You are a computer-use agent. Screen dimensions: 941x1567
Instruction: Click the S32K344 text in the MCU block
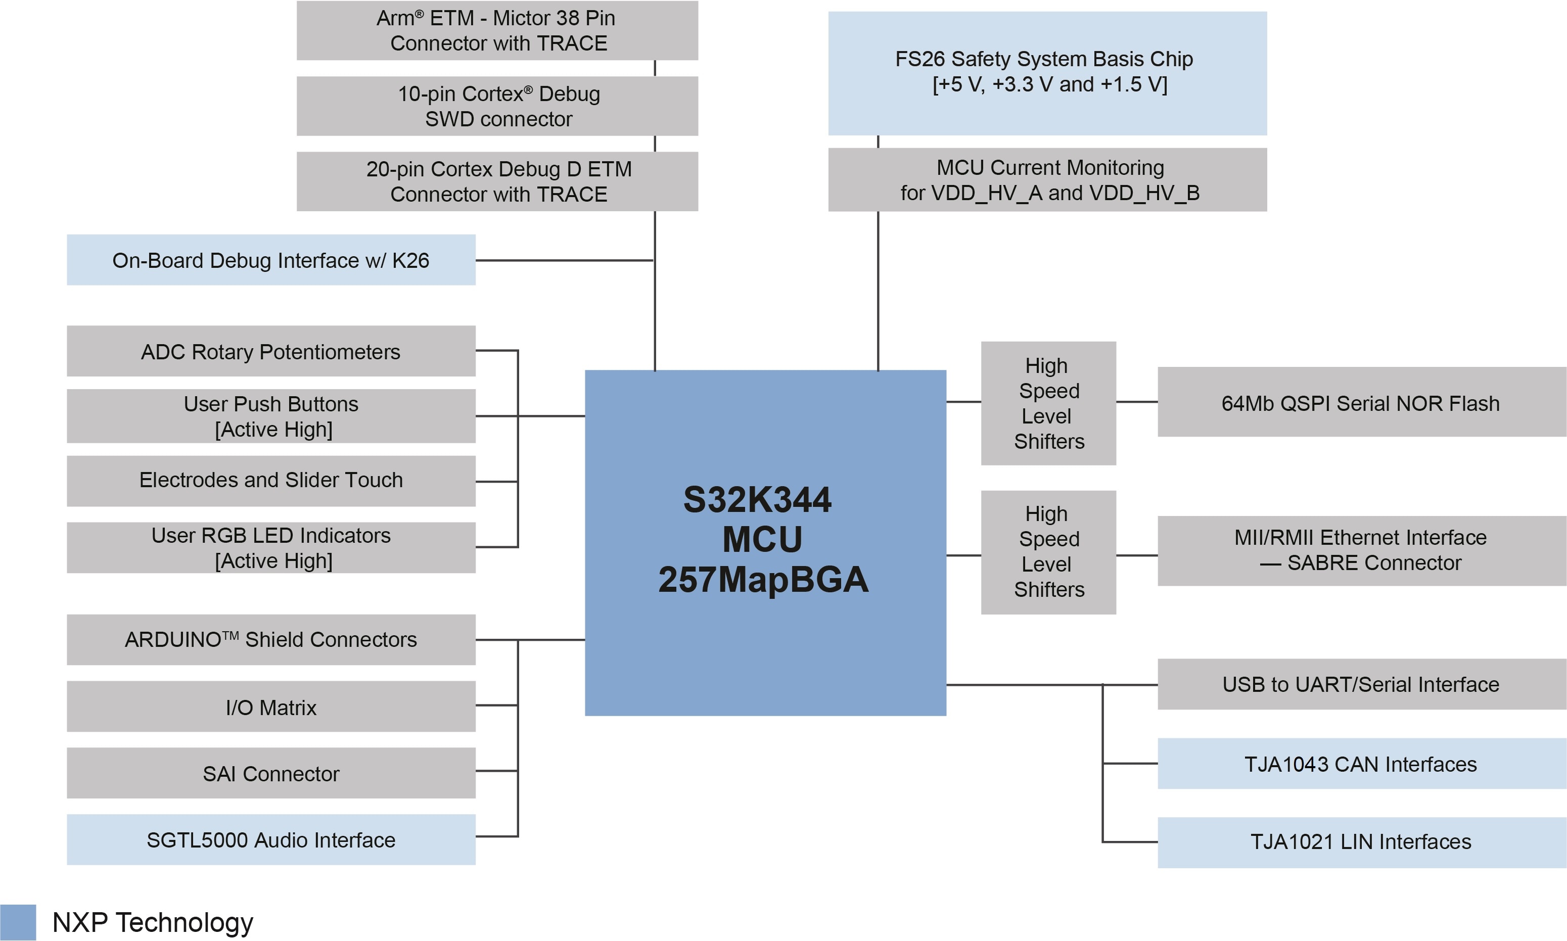click(757, 500)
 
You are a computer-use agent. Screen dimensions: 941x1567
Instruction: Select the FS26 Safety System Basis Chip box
click(1047, 73)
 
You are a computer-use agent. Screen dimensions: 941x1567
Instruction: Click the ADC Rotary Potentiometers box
click(271, 351)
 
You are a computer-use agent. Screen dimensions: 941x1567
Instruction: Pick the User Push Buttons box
click(271, 416)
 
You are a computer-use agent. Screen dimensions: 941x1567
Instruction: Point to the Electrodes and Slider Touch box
click(271, 481)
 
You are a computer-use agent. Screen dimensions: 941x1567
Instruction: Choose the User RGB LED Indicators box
click(271, 547)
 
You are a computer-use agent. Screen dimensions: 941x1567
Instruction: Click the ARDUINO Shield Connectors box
click(271, 639)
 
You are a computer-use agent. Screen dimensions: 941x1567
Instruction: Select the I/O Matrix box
click(271, 707)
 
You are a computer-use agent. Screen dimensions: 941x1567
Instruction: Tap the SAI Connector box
click(271, 773)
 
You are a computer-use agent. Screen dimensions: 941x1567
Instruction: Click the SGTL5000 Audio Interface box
click(271, 839)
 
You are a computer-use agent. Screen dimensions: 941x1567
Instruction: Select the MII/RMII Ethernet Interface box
click(1361, 550)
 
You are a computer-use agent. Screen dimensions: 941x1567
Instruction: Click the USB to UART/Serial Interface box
click(1361, 684)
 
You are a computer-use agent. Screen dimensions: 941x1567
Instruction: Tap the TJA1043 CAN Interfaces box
click(1361, 764)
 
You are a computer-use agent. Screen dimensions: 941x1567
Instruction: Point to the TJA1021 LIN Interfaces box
click(1361, 842)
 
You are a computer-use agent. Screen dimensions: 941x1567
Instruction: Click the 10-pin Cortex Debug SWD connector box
click(497, 106)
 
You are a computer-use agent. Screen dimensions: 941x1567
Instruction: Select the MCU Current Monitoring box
click(1047, 179)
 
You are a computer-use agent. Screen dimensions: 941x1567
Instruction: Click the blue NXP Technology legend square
click(18, 922)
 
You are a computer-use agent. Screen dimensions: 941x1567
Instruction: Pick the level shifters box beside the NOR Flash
click(1048, 403)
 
